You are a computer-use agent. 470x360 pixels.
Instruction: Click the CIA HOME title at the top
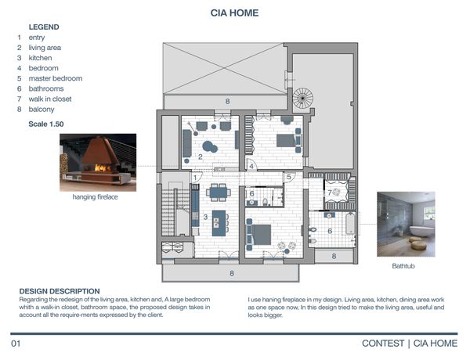click(x=234, y=13)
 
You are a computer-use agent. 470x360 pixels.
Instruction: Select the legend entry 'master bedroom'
click(x=56, y=78)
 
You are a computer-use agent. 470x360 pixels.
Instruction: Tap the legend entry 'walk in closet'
click(x=50, y=99)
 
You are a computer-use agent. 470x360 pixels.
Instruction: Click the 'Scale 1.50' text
click(x=46, y=124)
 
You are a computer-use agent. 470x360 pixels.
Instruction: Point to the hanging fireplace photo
click(x=98, y=162)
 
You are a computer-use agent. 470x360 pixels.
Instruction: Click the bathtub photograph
click(x=406, y=225)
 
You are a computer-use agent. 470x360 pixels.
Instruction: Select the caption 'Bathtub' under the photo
click(x=403, y=266)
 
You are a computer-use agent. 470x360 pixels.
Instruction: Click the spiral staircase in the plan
click(x=302, y=98)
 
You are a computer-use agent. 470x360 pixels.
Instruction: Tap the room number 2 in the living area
click(x=201, y=157)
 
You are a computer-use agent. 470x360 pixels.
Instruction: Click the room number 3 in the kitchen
click(x=205, y=217)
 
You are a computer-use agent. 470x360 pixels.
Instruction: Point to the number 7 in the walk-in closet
click(x=330, y=193)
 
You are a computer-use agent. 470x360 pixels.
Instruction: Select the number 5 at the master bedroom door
click(x=288, y=177)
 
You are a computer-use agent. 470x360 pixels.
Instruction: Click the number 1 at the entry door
click(x=195, y=178)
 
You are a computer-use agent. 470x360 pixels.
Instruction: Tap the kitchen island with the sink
click(x=219, y=223)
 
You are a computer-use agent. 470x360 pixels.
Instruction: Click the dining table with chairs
click(x=219, y=193)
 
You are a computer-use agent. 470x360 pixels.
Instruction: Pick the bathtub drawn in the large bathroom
click(x=350, y=223)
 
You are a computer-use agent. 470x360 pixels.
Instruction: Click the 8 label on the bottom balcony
click(x=232, y=273)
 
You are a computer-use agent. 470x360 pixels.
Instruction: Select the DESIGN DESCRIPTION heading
click(x=60, y=291)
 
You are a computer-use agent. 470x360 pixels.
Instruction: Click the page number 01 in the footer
click(x=16, y=344)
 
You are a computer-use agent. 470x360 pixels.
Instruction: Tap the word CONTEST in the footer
click(x=383, y=344)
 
